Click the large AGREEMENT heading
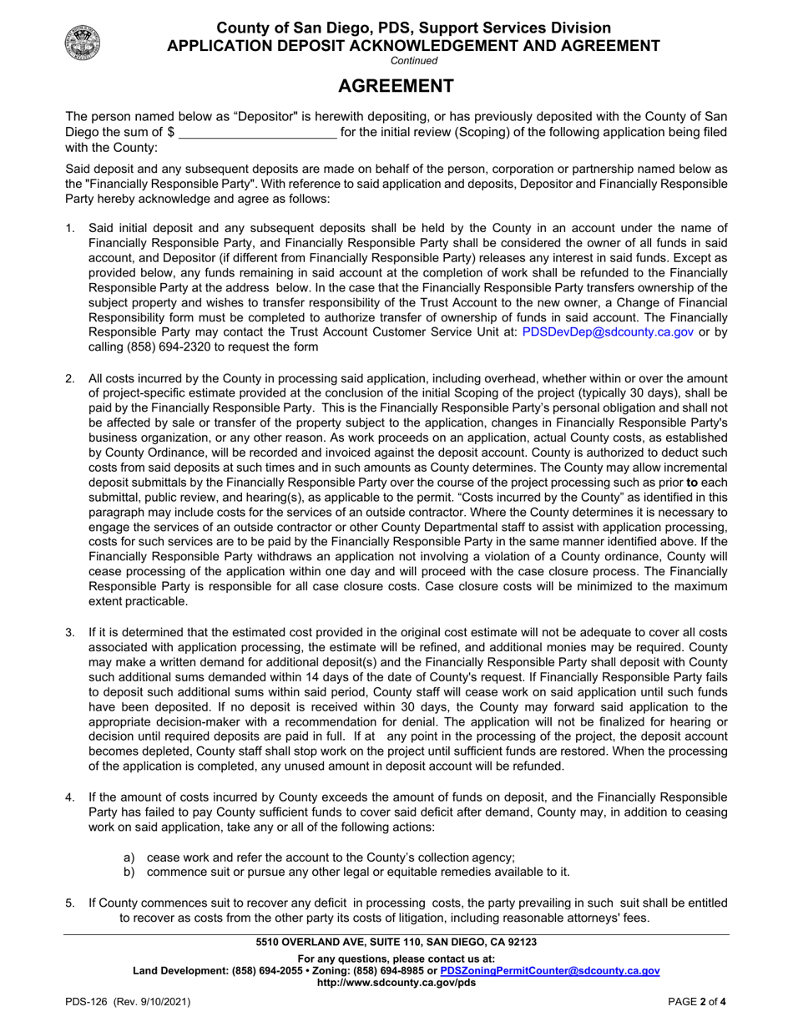[x=396, y=86]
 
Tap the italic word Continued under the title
[x=414, y=60]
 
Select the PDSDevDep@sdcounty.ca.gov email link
[x=608, y=331]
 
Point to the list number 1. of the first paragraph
[x=71, y=227]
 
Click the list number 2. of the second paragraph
[x=71, y=378]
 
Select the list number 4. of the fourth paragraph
[x=71, y=797]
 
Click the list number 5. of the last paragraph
[x=71, y=903]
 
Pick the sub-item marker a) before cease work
[x=129, y=857]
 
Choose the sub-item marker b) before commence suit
[x=129, y=872]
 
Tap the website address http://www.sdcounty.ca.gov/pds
[x=396, y=983]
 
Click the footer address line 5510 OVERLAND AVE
[x=396, y=942]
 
